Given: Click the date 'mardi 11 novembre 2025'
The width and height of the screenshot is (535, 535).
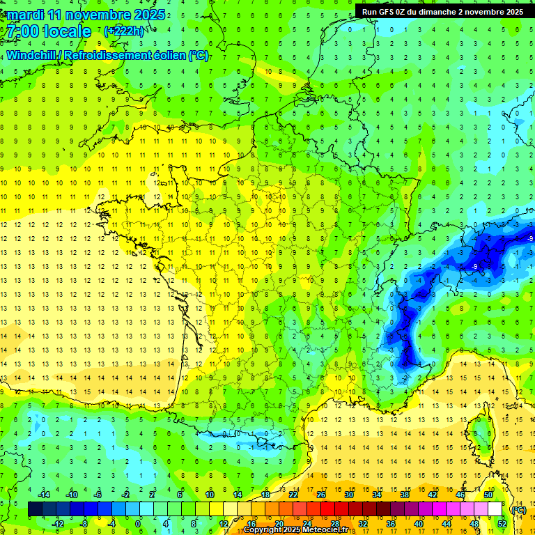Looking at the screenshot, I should (86, 15).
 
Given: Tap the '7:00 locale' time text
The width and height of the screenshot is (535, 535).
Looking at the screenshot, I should (47, 31).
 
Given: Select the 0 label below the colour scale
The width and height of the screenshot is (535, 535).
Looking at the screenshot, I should (137, 524).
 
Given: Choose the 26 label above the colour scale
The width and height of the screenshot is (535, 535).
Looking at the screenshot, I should (320, 495).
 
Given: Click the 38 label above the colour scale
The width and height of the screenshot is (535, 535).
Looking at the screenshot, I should (404, 495).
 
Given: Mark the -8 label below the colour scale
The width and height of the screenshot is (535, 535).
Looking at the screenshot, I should (84, 524).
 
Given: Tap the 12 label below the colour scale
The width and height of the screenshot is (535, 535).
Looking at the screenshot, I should (224, 524).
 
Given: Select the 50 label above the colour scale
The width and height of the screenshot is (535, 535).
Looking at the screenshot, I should (488, 495).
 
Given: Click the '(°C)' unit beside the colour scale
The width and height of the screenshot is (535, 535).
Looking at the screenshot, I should (518, 509).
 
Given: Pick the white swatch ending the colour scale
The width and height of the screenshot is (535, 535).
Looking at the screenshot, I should (495, 509).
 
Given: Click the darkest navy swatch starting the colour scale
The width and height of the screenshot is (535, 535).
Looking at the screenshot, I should (35, 509).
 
